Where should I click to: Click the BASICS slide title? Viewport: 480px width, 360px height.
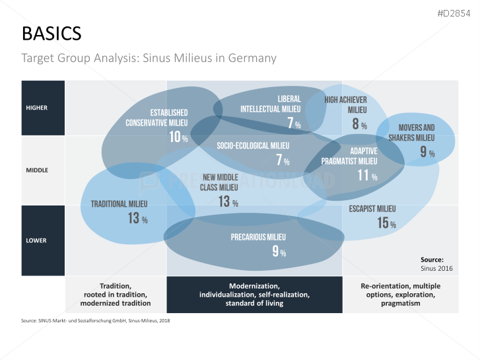pos(51,33)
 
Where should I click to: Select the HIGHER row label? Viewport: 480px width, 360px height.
pos(36,108)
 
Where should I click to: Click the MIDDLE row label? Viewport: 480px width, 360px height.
pos(37,170)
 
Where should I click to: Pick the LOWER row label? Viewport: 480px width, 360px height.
pos(36,240)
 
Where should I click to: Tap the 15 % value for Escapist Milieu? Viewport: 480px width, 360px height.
pos(386,223)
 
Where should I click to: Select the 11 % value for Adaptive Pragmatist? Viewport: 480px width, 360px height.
pos(367,176)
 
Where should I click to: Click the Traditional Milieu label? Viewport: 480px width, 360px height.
pos(119,204)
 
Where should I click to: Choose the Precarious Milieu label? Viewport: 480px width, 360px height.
pos(258,237)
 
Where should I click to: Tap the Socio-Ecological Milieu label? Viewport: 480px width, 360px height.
pos(254,145)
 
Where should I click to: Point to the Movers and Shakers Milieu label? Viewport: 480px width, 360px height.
pos(416,133)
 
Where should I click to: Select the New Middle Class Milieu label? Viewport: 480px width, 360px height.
pos(220,182)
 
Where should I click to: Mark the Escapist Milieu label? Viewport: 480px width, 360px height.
pos(372,209)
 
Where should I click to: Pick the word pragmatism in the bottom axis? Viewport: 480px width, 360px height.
pos(400,303)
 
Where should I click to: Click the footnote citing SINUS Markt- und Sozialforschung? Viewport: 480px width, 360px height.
pos(96,321)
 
